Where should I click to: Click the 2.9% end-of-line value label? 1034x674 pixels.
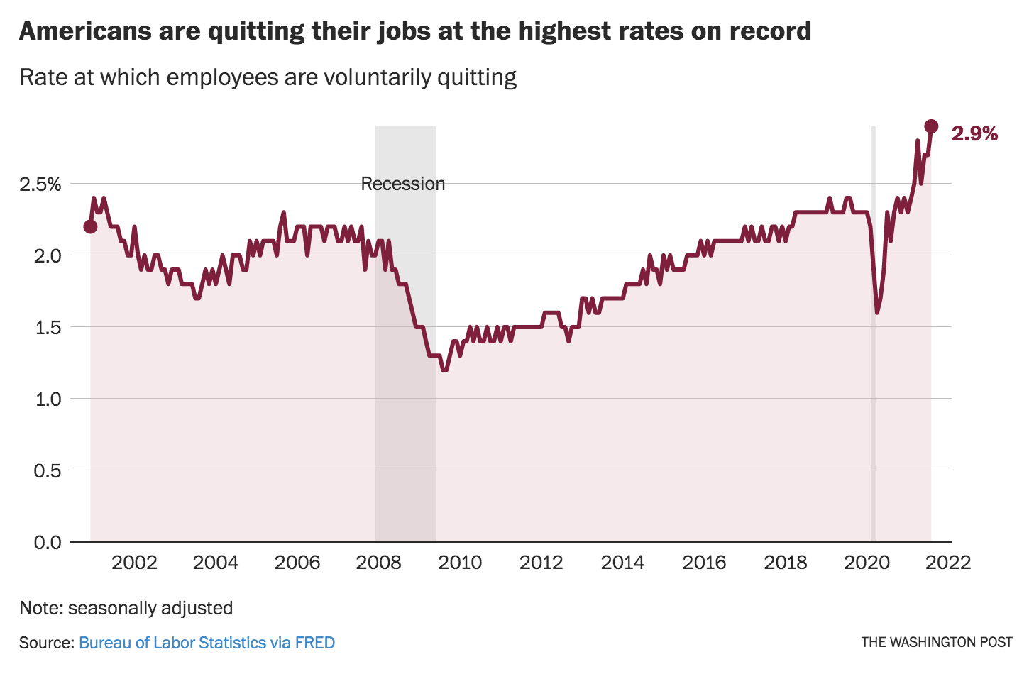[x=974, y=133]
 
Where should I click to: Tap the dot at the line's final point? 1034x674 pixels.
[x=931, y=126]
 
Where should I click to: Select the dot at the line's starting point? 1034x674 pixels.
[x=90, y=226]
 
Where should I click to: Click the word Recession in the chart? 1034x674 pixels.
[x=402, y=184]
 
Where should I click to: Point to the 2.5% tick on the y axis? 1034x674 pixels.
[x=40, y=184]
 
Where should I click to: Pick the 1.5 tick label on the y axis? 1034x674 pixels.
[x=48, y=327]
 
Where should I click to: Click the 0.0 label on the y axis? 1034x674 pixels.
[x=48, y=542]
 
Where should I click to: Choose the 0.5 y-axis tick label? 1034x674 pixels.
[x=48, y=470]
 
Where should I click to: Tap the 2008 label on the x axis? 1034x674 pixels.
[x=378, y=563]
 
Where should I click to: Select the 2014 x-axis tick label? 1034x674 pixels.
[x=622, y=563]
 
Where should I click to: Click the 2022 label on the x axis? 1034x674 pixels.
[x=948, y=563]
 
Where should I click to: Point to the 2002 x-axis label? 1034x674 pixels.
[x=134, y=563]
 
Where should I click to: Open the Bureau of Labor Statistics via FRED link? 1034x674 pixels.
[x=207, y=643]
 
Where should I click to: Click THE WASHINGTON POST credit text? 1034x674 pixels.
[x=937, y=642]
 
